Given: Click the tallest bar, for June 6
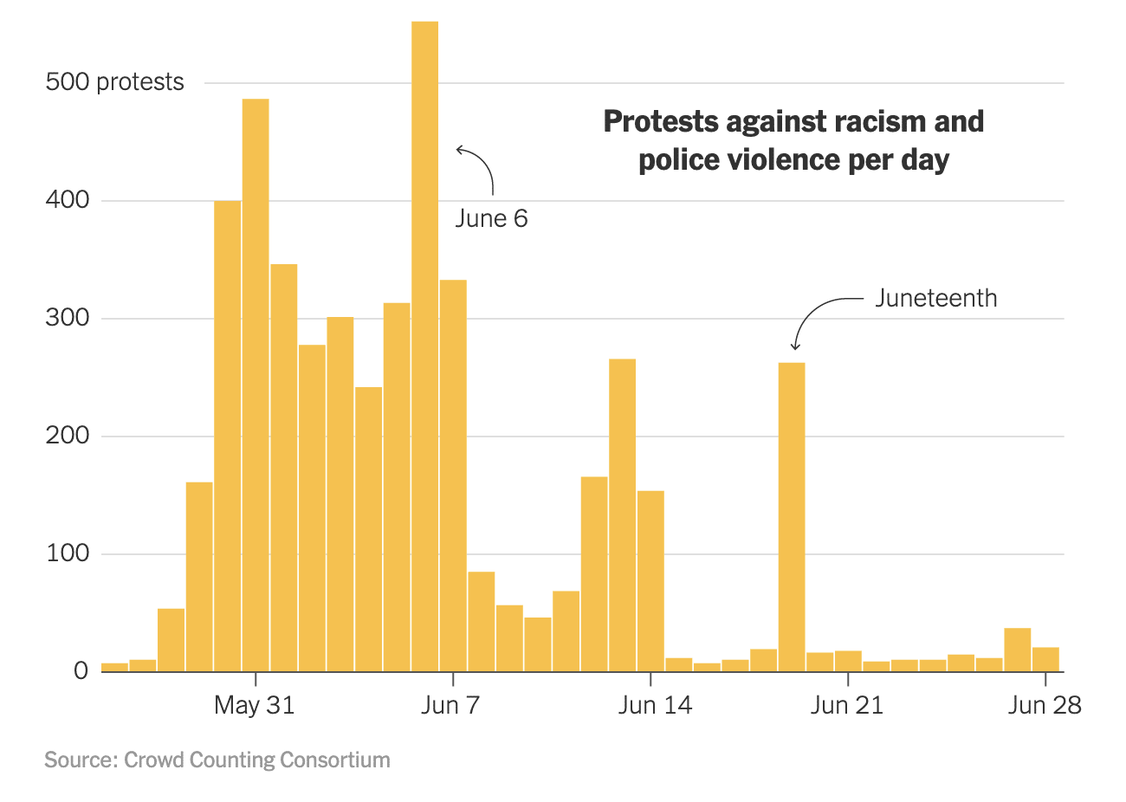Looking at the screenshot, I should point(424,346).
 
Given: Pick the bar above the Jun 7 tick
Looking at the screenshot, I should point(453,475).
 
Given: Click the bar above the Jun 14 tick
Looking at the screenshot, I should point(650,580).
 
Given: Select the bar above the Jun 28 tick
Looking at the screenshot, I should point(1045,659).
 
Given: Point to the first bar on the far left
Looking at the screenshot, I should point(114,667).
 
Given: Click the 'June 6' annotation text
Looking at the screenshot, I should point(491,218).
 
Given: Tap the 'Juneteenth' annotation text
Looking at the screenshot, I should point(935,298).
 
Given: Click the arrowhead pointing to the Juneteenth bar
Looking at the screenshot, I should point(795,346).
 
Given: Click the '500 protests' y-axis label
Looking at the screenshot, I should point(114,82).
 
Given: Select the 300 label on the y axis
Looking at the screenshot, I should point(68,318).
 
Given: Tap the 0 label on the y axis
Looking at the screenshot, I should point(81,671).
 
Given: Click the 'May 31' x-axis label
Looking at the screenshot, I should point(254,705).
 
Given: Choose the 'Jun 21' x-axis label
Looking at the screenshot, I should point(846,705).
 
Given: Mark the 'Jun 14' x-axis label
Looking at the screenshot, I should point(655,705).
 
